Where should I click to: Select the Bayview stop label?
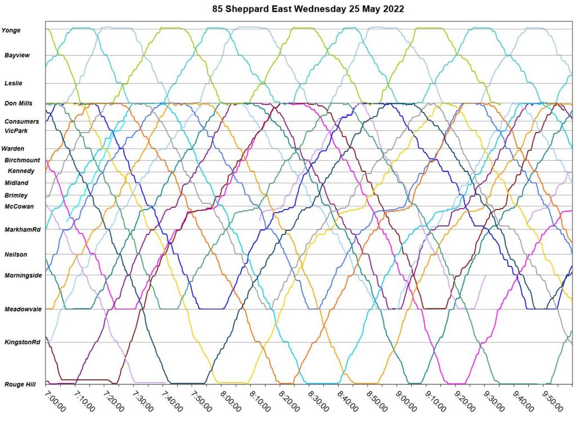pos(17,56)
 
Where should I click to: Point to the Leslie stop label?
pos(13,83)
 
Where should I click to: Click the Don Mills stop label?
pos(19,103)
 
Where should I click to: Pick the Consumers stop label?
pos(22,121)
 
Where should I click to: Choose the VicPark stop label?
pos(16,131)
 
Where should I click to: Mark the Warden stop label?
pos(13,149)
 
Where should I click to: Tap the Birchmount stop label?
pos(22,160)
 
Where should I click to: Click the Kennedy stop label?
pos(21,171)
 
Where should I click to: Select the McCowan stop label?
pos(19,206)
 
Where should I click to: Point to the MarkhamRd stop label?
pos(22,230)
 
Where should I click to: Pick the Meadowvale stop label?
pos(23,309)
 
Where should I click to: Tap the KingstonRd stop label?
pos(22,342)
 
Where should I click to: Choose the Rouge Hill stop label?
pos(20,384)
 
